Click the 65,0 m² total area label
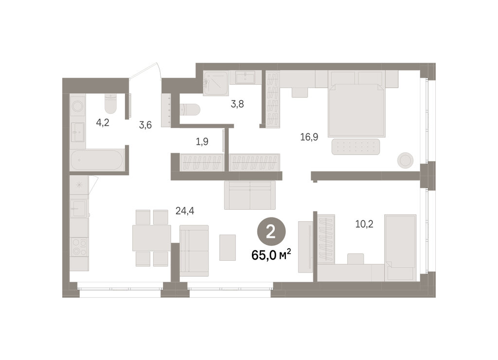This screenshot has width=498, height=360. [x=271, y=255]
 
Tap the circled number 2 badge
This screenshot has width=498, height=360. [x=271, y=233]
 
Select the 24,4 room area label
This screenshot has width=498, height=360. [x=185, y=210]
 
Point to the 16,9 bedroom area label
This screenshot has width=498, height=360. [x=309, y=137]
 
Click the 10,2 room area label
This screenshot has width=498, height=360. [x=364, y=224]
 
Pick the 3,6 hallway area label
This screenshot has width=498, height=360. [x=145, y=125]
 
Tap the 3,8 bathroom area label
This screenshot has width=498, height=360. [x=237, y=104]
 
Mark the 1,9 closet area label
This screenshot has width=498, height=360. [x=202, y=142]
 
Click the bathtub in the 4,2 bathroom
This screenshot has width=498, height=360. [x=97, y=160]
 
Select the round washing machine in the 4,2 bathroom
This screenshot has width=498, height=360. [x=77, y=106]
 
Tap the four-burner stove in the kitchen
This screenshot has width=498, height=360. [x=79, y=247]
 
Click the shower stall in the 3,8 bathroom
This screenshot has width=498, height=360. [x=216, y=83]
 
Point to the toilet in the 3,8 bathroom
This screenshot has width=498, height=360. [x=190, y=109]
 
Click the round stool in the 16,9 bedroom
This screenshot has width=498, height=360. [x=405, y=161]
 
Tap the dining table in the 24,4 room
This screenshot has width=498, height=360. [x=152, y=238]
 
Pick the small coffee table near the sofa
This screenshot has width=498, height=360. [x=228, y=248]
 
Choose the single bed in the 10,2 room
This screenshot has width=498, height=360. [x=400, y=248]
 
